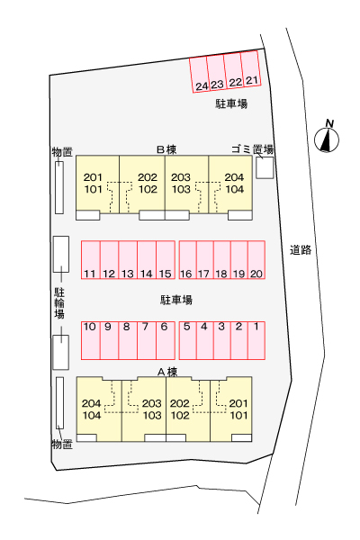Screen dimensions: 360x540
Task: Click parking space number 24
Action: click(x=200, y=75)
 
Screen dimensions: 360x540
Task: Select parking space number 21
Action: click(x=250, y=68)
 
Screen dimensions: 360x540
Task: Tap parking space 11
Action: click(x=91, y=260)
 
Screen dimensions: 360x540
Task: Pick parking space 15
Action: click(x=166, y=260)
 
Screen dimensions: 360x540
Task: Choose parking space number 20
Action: click(x=256, y=260)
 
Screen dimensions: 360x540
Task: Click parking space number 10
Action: click(x=91, y=340)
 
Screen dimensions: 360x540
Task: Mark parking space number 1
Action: click(x=256, y=340)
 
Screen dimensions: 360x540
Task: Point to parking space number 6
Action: click(x=166, y=340)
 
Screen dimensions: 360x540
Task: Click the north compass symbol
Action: click(x=327, y=137)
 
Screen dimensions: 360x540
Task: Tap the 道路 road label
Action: click(x=301, y=250)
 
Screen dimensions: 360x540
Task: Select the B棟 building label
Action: click(x=166, y=149)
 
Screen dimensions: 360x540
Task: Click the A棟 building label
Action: click(x=167, y=372)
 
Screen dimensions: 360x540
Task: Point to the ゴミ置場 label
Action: click(x=253, y=149)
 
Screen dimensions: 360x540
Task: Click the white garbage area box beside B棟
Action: click(x=265, y=167)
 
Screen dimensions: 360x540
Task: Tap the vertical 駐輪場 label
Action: click(x=59, y=303)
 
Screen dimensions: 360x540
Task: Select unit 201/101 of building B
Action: click(x=97, y=184)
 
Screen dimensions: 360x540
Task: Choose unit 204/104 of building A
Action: click(x=99, y=409)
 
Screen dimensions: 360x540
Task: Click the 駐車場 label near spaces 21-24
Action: click(x=231, y=103)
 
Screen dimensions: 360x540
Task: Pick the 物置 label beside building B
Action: click(x=62, y=152)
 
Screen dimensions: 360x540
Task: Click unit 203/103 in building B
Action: click(x=186, y=184)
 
